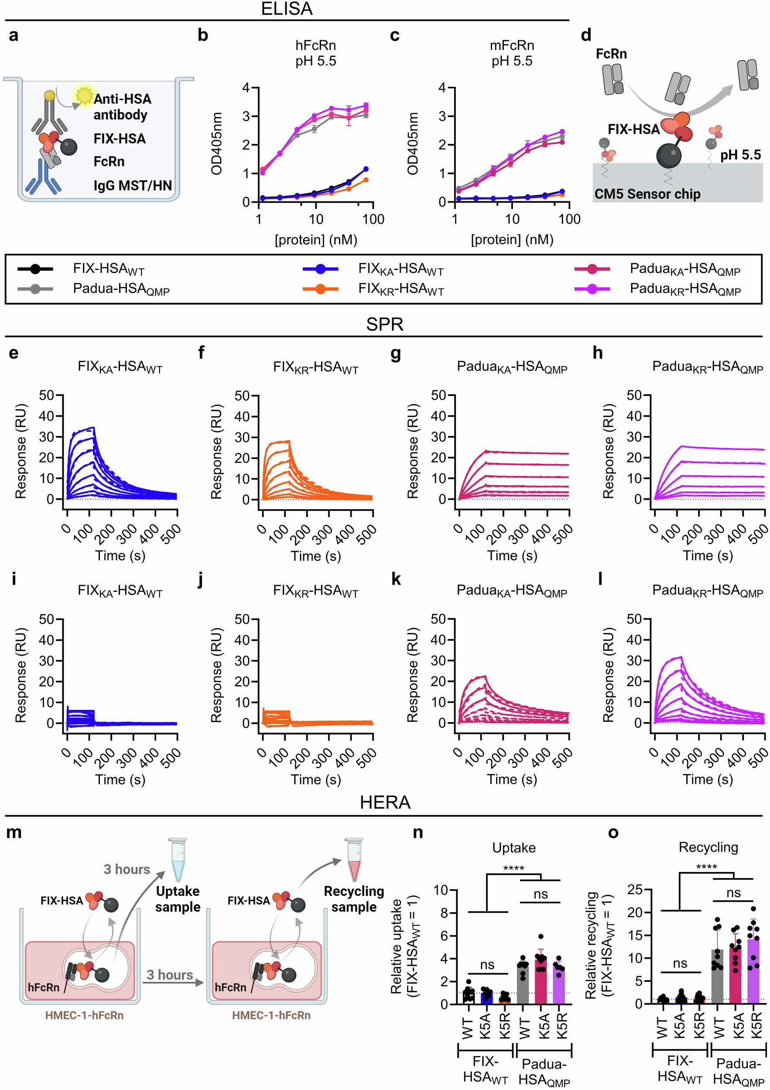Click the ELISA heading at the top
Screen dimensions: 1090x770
coord(287,9)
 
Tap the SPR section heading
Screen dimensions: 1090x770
coord(385,324)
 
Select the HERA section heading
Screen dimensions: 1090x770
coord(385,802)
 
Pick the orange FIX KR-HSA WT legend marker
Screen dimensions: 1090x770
coord(321,289)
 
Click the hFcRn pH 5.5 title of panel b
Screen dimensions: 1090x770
coord(316,53)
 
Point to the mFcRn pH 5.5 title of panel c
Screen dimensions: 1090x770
coord(512,53)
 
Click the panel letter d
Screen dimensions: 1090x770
coord(586,35)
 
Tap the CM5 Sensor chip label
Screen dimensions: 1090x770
coord(647,194)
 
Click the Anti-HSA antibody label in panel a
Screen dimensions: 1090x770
coord(122,106)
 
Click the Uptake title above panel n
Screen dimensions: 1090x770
coord(514,848)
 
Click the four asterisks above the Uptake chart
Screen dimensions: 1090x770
coord(513,869)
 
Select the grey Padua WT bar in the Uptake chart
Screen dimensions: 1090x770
coord(523,982)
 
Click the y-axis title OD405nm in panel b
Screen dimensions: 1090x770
coord(217,144)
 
